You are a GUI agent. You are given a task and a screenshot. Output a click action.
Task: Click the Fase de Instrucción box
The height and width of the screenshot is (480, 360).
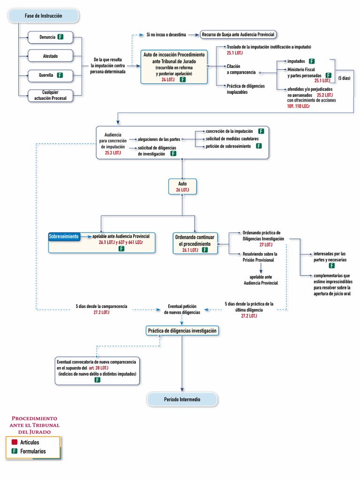coord(43,16)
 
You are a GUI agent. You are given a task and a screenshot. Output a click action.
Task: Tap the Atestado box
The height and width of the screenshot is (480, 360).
coord(50,56)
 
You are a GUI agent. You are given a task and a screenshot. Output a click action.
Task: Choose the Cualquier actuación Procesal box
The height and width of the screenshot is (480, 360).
coord(50,95)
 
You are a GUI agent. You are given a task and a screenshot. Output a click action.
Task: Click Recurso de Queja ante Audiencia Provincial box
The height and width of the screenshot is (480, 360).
coord(238,34)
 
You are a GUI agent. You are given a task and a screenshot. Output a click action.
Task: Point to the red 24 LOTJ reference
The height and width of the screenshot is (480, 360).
coord(167,80)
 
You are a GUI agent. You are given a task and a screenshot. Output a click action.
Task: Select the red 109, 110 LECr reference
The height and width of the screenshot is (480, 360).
coord(298,106)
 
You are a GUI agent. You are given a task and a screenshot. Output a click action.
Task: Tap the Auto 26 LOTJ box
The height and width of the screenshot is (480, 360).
coord(182,187)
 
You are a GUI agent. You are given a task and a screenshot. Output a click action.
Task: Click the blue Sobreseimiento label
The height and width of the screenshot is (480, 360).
coord(63,236)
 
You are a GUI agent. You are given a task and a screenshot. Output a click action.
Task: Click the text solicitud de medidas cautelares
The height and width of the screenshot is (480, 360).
coord(232,139)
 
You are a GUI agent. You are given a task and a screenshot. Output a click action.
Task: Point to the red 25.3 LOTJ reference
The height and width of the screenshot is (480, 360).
coord(112,153)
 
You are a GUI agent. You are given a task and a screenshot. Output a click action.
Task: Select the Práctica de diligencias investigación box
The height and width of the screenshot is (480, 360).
coord(182,331)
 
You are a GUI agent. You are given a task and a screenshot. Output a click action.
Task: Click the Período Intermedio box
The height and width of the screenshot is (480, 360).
coord(182,399)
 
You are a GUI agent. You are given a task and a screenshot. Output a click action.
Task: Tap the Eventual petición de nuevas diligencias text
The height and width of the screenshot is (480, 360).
coord(184,309)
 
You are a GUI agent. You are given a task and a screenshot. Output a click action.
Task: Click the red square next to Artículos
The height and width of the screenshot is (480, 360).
coord(15,442)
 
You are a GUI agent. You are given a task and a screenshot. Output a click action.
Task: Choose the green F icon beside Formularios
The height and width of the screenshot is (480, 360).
coord(15,451)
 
